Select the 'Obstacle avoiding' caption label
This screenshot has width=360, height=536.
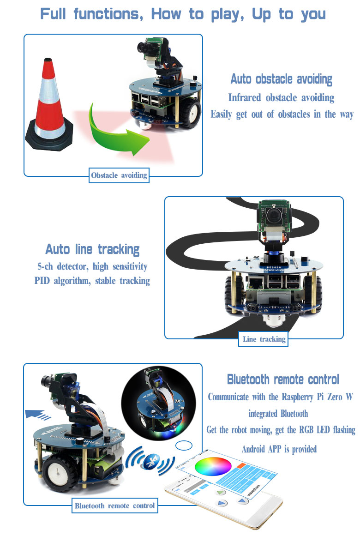tap(119, 175)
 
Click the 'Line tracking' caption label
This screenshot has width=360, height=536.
tap(263, 339)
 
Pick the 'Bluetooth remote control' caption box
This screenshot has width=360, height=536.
tap(115, 506)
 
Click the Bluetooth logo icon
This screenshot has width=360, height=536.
tap(150, 462)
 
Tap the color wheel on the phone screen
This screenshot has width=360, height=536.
tap(213, 466)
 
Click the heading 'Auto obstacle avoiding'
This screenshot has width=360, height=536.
tap(282, 79)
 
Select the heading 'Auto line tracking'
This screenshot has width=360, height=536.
tap(93, 250)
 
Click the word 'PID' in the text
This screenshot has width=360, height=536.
tap(42, 281)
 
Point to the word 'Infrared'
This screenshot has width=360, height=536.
tap(245, 98)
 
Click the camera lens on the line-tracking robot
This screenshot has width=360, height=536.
tap(273, 215)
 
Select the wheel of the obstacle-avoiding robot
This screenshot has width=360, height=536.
tap(190, 113)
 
